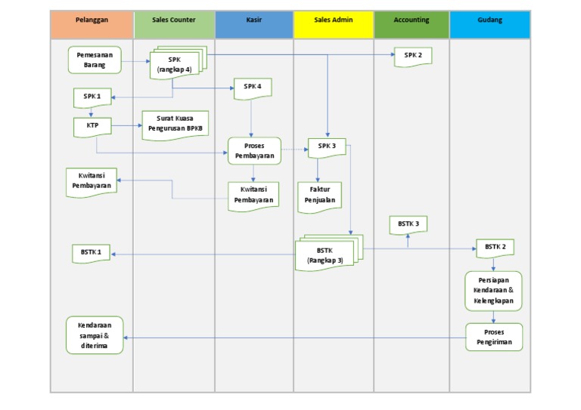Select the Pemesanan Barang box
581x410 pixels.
click(x=95, y=60)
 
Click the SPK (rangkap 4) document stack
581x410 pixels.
click(x=176, y=64)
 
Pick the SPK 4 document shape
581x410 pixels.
click(x=253, y=88)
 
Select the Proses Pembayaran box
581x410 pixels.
click(x=254, y=150)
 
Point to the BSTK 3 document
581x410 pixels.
click(x=409, y=224)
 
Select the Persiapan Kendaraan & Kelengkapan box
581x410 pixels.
click(x=493, y=290)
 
